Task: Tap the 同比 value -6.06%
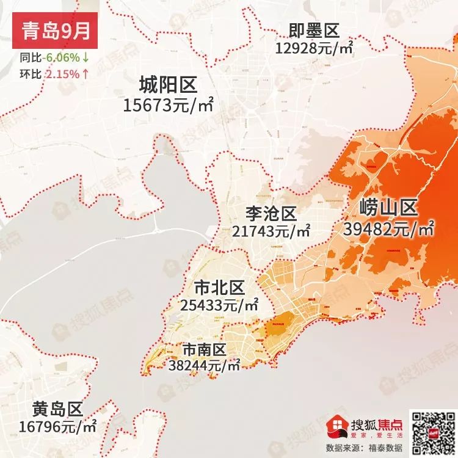point(63,58)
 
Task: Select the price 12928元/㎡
point(314,47)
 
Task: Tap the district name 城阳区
point(168,84)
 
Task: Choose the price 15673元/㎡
point(168,105)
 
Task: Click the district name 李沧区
point(271,214)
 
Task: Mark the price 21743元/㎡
point(271,231)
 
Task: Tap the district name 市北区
point(219,286)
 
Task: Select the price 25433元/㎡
point(219,304)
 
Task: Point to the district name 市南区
point(205,350)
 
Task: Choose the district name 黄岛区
point(58,409)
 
